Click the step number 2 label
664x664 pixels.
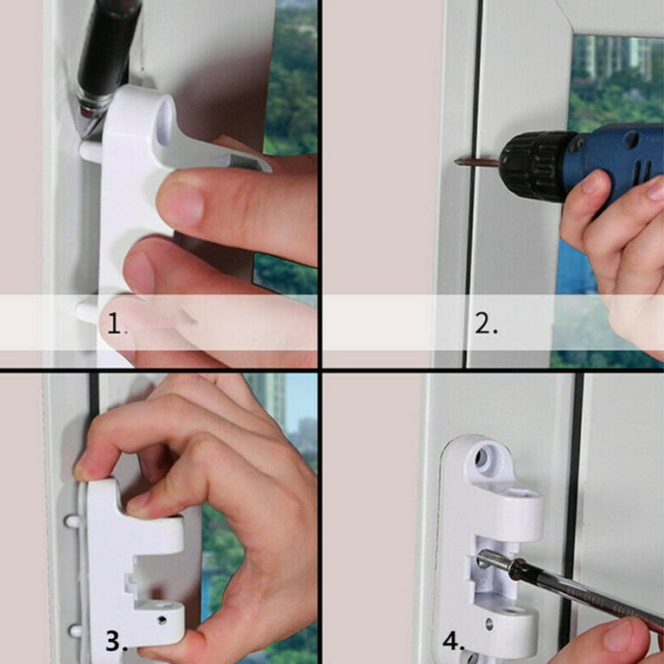pyautogui.click(x=486, y=324)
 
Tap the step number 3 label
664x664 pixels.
pyautogui.click(x=117, y=641)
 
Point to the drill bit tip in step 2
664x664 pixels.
pyautogui.click(x=458, y=161)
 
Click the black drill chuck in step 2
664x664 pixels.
pyautogui.click(x=527, y=164)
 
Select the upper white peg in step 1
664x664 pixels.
pyautogui.click(x=89, y=151)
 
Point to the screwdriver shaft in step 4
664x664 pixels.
pyautogui.click(x=571, y=588)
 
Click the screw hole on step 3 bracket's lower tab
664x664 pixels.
pyautogui.click(x=161, y=620)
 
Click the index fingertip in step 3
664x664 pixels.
pyautogui.click(x=84, y=471)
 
